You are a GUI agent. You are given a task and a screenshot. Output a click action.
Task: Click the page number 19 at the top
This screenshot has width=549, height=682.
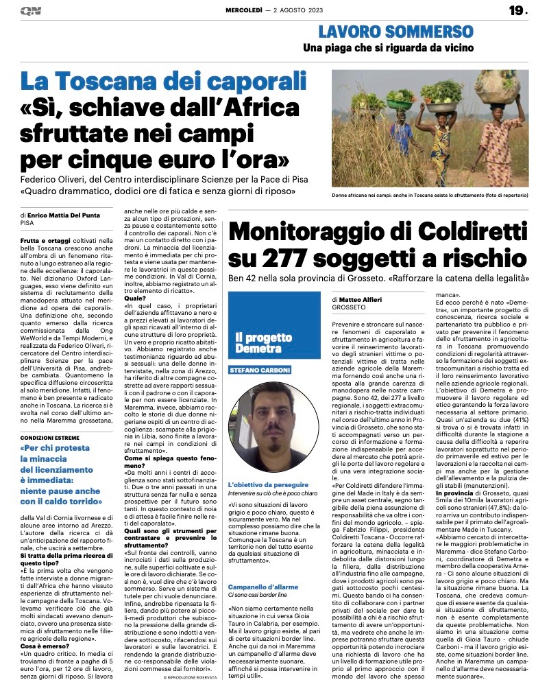coord(516,10)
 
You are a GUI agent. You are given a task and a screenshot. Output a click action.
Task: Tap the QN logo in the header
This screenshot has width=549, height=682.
coord(31,11)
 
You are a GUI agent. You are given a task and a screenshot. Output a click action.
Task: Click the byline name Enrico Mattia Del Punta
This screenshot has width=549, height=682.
coord(69,215)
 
